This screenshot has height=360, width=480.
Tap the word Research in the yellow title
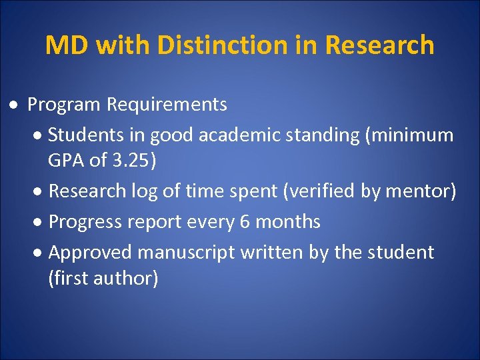(x=380, y=45)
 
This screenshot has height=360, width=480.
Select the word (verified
(x=319, y=191)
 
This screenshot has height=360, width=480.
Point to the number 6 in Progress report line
(x=244, y=221)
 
